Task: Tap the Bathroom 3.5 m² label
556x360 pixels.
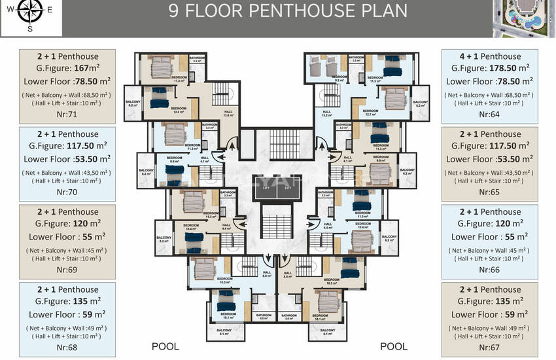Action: click(356, 59)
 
